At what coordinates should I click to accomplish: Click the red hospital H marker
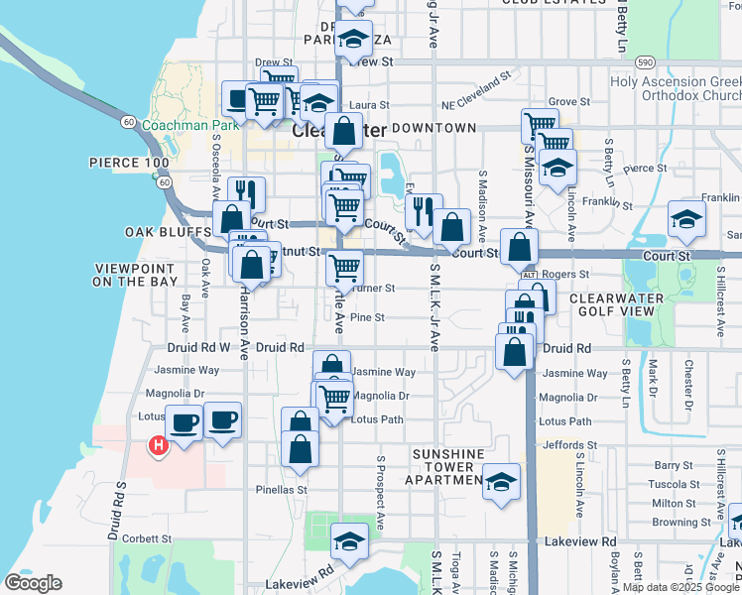[157, 446]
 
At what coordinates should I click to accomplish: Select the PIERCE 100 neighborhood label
[129, 162]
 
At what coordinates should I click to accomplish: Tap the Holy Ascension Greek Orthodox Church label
[676, 90]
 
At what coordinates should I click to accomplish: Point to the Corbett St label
[150, 539]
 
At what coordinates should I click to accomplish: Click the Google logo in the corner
[34, 583]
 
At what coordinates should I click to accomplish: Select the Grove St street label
[568, 101]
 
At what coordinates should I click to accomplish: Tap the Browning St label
[680, 522]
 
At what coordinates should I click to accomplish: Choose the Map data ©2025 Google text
[680, 587]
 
